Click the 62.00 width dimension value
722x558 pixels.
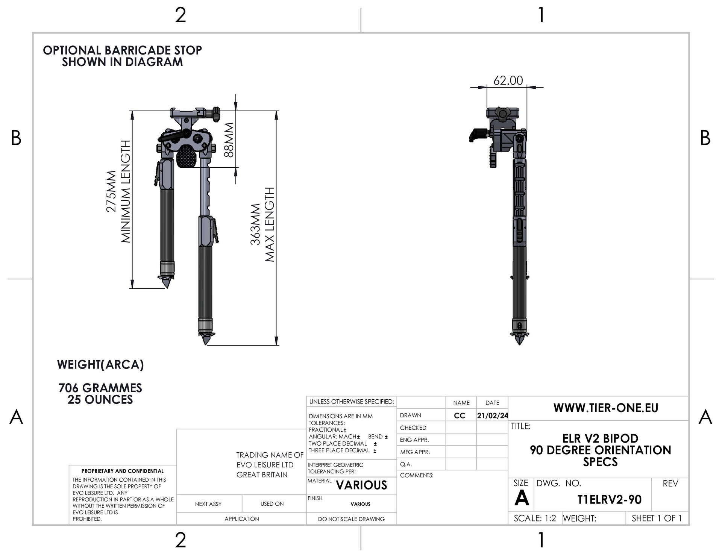click(508, 80)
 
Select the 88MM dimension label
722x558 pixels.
click(229, 140)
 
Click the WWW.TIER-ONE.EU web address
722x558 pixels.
click(606, 408)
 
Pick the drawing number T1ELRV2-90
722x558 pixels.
click(609, 499)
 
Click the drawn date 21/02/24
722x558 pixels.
click(493, 415)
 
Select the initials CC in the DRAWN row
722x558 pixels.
click(460, 415)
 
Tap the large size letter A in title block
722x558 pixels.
click(522, 498)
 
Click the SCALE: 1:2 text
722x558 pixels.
click(535, 518)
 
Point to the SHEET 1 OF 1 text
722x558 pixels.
click(657, 518)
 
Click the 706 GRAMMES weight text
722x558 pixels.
click(100, 388)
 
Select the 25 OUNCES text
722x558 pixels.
click(100, 399)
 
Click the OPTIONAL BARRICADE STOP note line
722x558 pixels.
click(123, 50)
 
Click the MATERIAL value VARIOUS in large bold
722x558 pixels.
click(361, 485)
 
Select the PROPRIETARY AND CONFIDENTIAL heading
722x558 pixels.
click(123, 471)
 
